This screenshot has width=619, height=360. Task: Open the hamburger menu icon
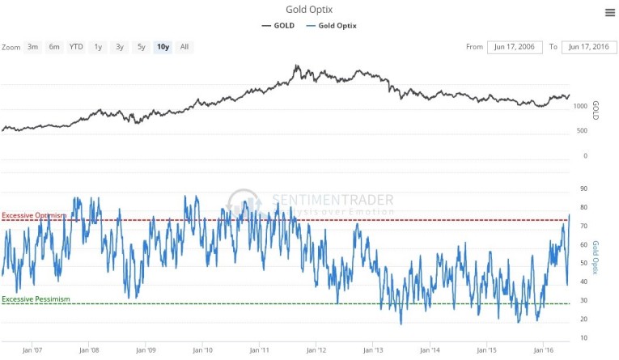[x=609, y=12]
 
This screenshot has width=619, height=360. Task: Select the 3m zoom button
[x=33, y=47]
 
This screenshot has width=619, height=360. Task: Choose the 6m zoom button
[x=54, y=47]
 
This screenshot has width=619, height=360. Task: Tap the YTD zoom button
[x=76, y=47]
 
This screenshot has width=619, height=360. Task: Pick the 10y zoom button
[x=163, y=47]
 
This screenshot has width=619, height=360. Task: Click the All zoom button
[x=184, y=47]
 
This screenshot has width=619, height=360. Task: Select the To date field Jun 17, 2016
[x=589, y=47]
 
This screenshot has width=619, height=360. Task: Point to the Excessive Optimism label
[x=33, y=215]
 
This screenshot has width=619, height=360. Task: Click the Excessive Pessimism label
[x=36, y=299]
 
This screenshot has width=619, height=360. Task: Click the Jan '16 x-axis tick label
[x=544, y=351]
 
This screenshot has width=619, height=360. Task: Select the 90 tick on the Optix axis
[x=583, y=188]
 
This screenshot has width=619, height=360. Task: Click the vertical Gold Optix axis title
[x=596, y=256]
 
